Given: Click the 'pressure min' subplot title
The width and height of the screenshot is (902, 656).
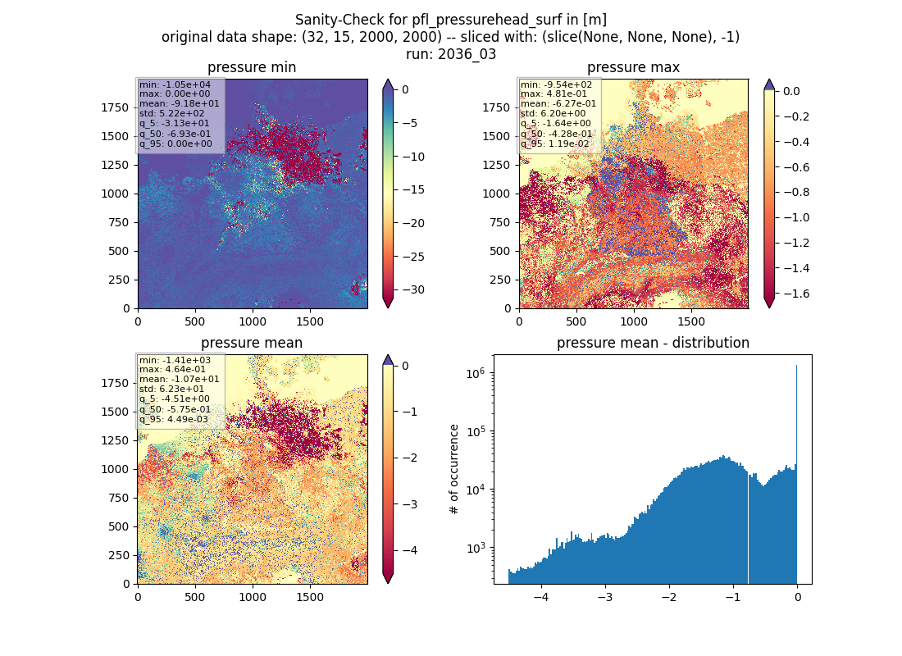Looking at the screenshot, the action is pos(252,67).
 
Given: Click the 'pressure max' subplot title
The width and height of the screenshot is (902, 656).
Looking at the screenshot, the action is pos(633,67).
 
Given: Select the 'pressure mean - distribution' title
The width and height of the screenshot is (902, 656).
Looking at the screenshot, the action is pos(653,343).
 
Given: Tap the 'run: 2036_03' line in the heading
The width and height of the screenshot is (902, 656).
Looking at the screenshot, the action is pos(451,54).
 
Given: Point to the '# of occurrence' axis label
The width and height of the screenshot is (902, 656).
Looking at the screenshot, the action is pos(454,470).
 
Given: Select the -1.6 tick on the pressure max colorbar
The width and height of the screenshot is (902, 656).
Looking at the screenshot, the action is pos(794,294).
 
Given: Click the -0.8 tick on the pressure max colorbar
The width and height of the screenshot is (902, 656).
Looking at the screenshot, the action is pos(794,192).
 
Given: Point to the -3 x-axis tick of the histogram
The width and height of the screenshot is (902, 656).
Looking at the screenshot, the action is pos(605,597).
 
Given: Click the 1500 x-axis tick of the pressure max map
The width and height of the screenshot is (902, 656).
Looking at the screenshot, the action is pos(691,321).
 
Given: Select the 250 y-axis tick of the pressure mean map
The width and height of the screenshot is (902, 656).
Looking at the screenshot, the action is pos(119,555).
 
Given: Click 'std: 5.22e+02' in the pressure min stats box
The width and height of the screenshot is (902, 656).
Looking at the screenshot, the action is pos(171,113).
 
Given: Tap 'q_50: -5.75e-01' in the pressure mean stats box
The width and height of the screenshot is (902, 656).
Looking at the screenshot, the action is pos(175,409).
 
